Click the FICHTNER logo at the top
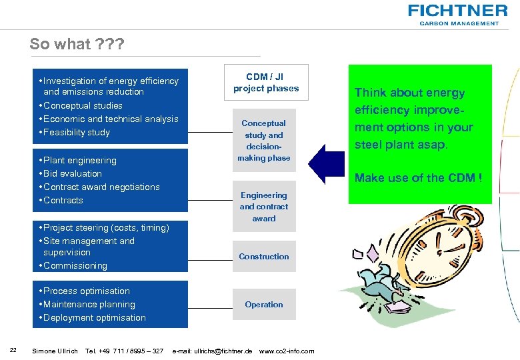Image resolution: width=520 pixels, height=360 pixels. pos(457,13)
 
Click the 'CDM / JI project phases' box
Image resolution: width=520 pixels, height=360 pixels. pos(266,83)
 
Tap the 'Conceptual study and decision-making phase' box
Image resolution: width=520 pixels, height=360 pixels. pos(264,141)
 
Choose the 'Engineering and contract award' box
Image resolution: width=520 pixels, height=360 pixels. pos(264,207)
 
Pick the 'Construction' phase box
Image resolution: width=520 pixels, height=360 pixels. pos(264,257)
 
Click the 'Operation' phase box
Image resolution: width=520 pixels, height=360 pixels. pos(264,305)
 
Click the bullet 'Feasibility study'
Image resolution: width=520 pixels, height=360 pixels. pos(76,133)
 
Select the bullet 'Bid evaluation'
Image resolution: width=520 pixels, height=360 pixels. pos(72,174)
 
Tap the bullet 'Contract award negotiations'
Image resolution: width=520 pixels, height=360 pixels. pos(101,187)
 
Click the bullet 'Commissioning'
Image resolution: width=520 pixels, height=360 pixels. pos(75,266)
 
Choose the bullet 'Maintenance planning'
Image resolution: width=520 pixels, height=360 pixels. pos(89,305)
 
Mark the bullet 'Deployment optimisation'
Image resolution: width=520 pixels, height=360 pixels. pos(94,318)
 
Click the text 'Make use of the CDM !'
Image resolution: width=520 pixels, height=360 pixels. pos(418,177)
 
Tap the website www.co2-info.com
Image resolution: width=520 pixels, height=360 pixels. pos(286,351)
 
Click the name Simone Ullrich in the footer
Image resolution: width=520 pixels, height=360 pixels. pos(55,351)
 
